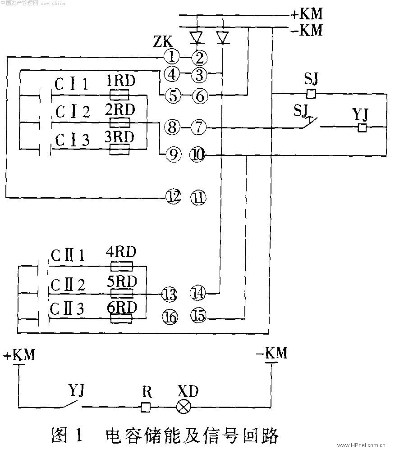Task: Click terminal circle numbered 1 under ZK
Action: [x=171, y=57]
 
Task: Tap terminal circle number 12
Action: [x=173, y=196]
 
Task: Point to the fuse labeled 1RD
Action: [x=119, y=95]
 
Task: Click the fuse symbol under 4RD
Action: [x=121, y=266]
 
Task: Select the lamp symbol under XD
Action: [x=183, y=407]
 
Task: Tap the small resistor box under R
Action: [x=145, y=407]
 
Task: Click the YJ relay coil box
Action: [x=362, y=128]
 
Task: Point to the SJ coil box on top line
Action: [x=311, y=94]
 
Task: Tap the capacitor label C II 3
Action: [x=67, y=309]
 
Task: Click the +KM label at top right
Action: [x=307, y=14]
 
